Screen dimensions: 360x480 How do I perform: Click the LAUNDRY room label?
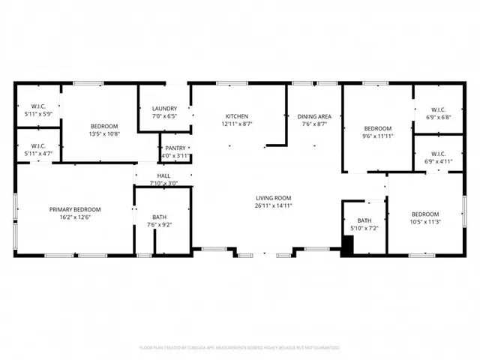(x=164, y=108)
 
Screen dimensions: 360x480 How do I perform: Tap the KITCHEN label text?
(x=237, y=116)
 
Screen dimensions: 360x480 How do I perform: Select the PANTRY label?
(x=175, y=148)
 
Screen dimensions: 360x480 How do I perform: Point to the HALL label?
(x=163, y=175)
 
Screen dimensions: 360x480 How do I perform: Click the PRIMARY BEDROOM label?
(x=75, y=209)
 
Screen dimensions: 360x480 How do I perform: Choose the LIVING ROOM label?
(x=273, y=197)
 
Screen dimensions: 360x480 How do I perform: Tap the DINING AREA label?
(x=314, y=116)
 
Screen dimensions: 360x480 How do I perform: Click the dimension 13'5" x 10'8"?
(x=105, y=134)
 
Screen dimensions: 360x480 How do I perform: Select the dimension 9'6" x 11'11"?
(x=378, y=136)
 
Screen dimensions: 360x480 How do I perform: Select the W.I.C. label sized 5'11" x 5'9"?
(x=38, y=106)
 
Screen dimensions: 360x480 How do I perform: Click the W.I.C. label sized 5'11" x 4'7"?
(x=38, y=145)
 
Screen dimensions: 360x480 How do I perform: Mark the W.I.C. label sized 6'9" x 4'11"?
(x=438, y=154)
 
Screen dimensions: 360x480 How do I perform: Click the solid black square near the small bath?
(x=346, y=244)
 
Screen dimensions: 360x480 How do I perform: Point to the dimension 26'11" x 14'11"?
(x=273, y=205)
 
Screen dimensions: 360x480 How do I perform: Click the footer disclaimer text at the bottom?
(x=240, y=348)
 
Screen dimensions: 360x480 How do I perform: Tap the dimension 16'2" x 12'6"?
(x=75, y=217)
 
